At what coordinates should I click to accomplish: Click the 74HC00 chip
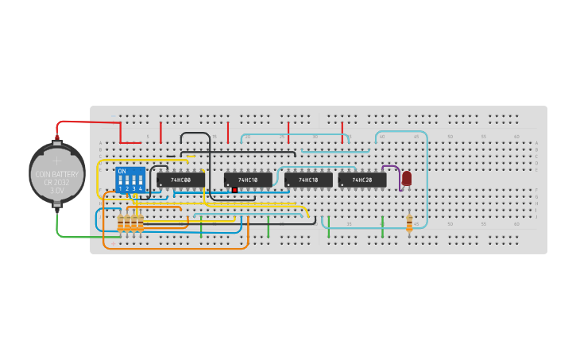(x=180, y=180)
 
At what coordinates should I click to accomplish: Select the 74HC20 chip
(x=362, y=180)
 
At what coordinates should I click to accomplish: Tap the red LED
(x=407, y=179)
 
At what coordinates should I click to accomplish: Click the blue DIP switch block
(x=130, y=180)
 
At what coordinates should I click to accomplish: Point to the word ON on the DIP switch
(x=122, y=171)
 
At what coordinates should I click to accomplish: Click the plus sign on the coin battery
(x=56, y=161)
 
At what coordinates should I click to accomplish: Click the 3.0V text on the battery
(x=57, y=191)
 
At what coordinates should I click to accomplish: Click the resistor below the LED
(x=409, y=223)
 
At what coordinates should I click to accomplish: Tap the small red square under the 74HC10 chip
(x=235, y=191)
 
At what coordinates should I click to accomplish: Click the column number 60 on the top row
(x=517, y=137)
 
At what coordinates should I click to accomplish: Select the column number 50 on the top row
(x=450, y=137)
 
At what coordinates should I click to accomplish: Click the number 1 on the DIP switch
(x=121, y=188)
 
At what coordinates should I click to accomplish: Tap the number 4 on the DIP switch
(x=140, y=188)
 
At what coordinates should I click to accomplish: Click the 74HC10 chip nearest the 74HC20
(x=308, y=180)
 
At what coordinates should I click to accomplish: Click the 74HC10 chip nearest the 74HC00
(x=248, y=180)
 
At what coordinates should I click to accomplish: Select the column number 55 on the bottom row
(x=483, y=224)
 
